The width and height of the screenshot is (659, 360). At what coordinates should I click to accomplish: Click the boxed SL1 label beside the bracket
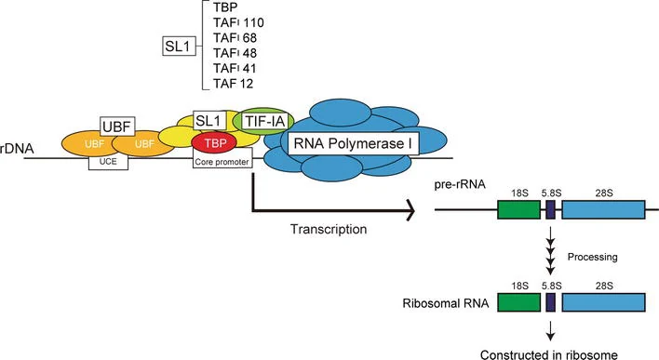coord(180,47)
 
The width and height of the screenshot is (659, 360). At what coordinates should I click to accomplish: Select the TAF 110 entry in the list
coord(238,22)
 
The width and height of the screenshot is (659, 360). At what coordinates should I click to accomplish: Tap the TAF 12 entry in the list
coord(234,84)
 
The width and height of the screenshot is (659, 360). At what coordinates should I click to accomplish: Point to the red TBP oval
coord(214,143)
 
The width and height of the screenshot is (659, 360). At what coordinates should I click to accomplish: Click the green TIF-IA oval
coord(263,122)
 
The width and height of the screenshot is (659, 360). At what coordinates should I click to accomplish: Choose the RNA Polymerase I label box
coord(353,143)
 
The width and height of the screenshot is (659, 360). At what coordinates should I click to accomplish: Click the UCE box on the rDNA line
coord(108,162)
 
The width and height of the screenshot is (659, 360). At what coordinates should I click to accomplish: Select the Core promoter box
coord(222,162)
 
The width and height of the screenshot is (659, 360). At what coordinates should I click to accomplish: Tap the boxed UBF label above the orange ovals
coord(117,126)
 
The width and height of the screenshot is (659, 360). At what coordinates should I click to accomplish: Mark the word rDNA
coord(17,148)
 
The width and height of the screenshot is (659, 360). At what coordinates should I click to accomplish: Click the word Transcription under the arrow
coord(329,229)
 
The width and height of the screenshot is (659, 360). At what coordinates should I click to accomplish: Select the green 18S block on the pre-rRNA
coord(519,209)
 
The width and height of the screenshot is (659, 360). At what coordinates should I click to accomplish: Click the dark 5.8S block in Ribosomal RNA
coord(551,302)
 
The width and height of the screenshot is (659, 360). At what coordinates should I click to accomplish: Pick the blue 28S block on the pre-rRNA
coord(603,209)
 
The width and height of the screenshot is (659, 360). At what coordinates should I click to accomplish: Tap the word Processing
coord(593,257)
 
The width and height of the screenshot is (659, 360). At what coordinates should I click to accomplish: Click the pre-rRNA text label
coord(460,184)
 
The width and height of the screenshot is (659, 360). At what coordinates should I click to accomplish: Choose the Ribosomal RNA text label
coord(446,303)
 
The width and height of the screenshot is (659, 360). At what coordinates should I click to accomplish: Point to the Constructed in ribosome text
coord(549,354)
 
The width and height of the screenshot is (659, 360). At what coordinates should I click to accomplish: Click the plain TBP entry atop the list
coord(225,7)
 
